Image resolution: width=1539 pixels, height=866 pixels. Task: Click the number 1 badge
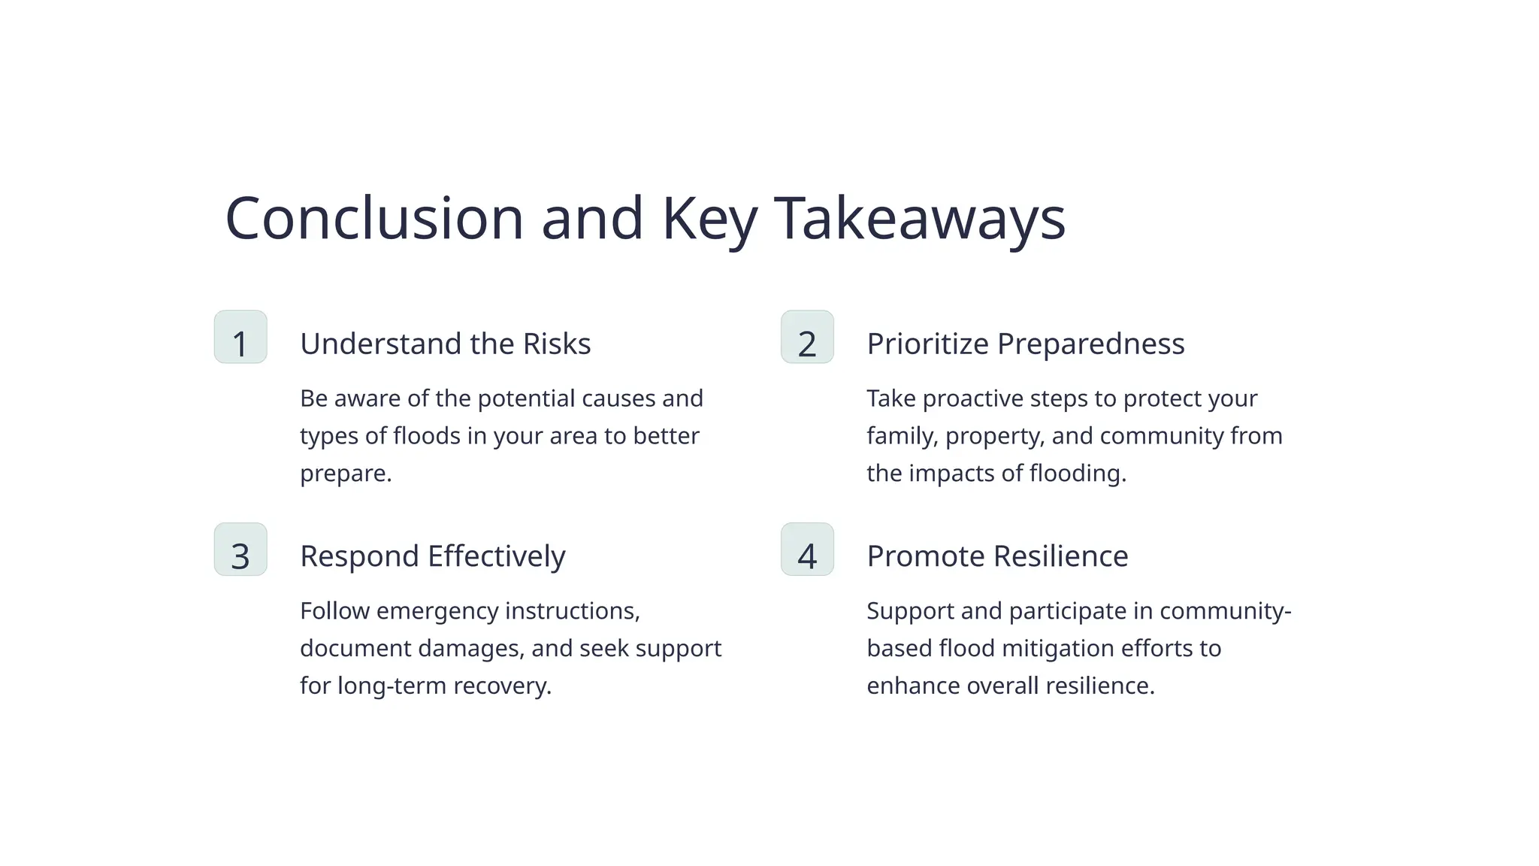(x=240, y=338)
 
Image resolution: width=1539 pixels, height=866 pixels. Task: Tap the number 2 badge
(x=807, y=338)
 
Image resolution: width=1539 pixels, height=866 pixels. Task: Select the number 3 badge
(x=240, y=550)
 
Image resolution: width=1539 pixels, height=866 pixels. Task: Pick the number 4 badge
(x=807, y=550)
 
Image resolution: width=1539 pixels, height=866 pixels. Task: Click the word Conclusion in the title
(x=373, y=218)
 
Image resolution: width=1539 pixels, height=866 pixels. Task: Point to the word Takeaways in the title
(x=919, y=218)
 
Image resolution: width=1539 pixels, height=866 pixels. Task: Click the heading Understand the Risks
(x=445, y=344)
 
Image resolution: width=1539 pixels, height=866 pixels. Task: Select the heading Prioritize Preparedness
(x=1025, y=344)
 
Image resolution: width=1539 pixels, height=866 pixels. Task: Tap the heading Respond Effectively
(x=432, y=556)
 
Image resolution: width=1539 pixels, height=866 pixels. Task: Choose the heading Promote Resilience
(x=997, y=556)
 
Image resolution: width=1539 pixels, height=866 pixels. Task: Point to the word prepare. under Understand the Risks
(x=346, y=474)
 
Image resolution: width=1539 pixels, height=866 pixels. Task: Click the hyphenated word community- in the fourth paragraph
(x=1225, y=610)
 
